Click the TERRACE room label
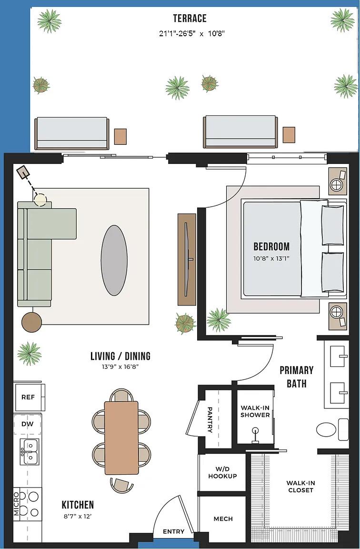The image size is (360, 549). [x=190, y=19]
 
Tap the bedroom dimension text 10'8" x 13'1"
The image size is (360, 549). [x=271, y=258]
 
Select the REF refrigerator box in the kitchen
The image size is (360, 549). [x=28, y=397]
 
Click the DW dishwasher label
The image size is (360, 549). [x=27, y=424]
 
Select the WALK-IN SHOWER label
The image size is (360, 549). [x=255, y=411]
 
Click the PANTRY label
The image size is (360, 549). [x=210, y=419]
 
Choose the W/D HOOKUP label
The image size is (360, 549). [x=222, y=473]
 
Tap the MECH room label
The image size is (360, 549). [x=223, y=518]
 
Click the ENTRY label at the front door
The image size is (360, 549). [x=173, y=531]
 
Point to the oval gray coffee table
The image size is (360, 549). [x=114, y=260]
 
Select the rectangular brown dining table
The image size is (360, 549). [x=121, y=437]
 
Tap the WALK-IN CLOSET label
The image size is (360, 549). [x=300, y=487]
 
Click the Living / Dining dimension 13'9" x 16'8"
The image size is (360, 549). [x=120, y=366]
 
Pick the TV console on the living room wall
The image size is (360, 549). [x=187, y=259]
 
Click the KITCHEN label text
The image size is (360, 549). [x=78, y=505]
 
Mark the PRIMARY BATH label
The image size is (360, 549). [x=296, y=376]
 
